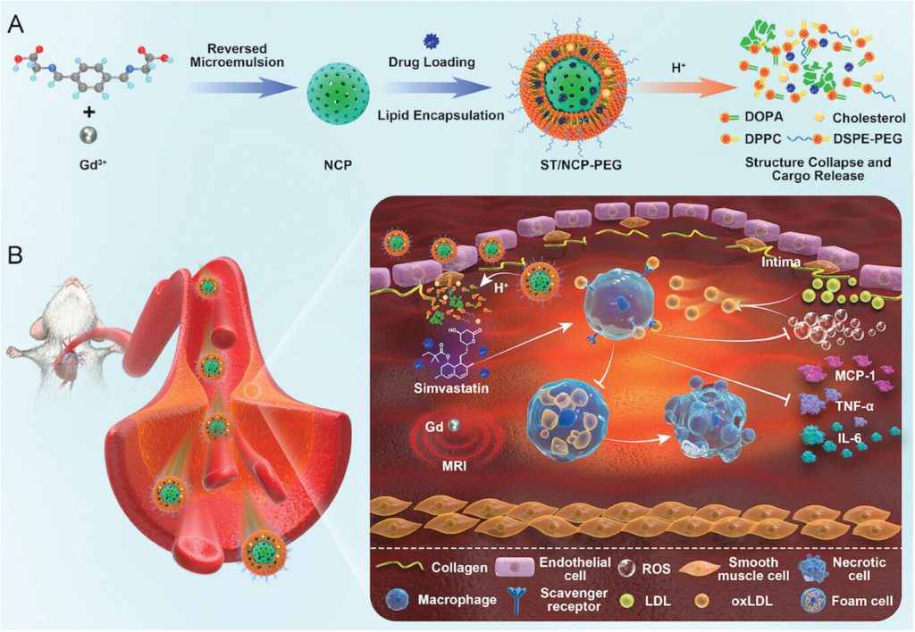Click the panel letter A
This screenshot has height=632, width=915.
15,24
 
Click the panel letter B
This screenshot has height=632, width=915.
15,255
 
